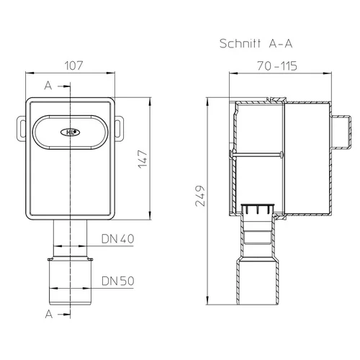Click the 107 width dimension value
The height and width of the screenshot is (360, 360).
(x=74, y=66)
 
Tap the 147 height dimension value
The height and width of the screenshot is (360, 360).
(x=143, y=159)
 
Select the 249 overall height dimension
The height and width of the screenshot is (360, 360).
(x=200, y=196)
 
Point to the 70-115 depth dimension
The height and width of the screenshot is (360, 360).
(x=277, y=66)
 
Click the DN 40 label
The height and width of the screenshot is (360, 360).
(x=117, y=239)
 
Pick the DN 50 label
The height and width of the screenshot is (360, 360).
(x=117, y=281)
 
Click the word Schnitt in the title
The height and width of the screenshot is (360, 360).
(x=240, y=44)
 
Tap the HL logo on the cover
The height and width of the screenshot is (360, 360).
(x=70, y=132)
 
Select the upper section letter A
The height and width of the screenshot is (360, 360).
(x=48, y=86)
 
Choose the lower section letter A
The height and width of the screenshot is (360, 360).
(x=49, y=314)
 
